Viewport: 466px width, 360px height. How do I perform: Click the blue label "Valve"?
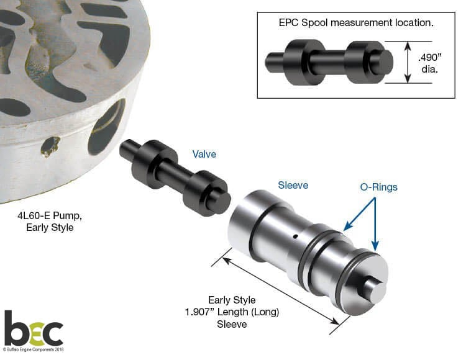pos(204,154)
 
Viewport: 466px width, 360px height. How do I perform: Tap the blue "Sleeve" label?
pos(293,185)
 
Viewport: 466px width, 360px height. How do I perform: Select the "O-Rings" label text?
pos(378,187)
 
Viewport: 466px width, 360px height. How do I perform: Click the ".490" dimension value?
pos(430,57)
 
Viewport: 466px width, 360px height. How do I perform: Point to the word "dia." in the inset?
pos(430,70)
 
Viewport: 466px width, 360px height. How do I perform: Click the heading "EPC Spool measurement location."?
pos(356,22)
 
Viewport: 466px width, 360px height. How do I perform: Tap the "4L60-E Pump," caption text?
pos(50,215)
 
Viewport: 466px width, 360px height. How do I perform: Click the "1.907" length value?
pos(199,312)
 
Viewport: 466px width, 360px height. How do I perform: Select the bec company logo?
pos(34,329)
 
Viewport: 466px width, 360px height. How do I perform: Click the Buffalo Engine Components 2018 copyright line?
pos(34,349)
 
